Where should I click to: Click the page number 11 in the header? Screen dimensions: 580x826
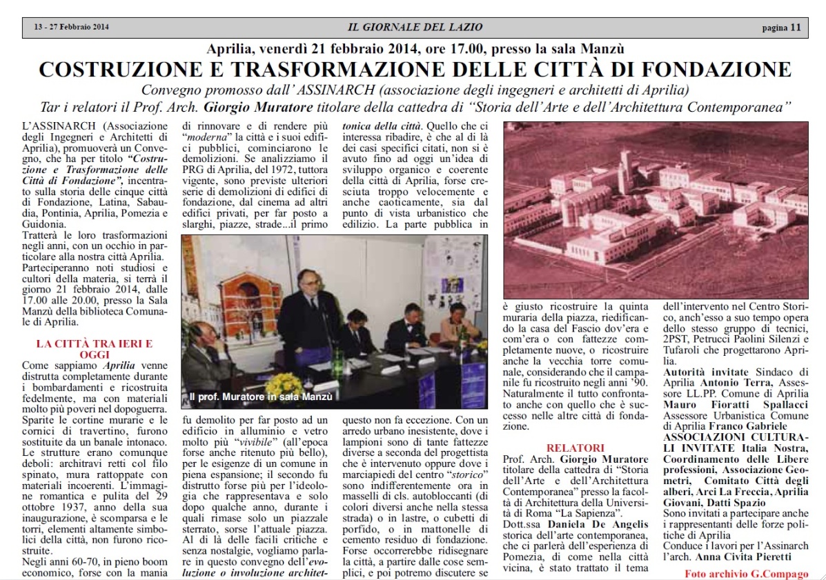(x=796, y=28)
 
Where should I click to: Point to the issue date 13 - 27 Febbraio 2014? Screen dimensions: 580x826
(x=71, y=28)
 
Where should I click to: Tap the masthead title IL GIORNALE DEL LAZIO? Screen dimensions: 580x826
(x=415, y=28)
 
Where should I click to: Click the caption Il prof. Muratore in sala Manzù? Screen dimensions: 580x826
(x=260, y=397)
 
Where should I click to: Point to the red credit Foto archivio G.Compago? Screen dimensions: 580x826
(x=745, y=573)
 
